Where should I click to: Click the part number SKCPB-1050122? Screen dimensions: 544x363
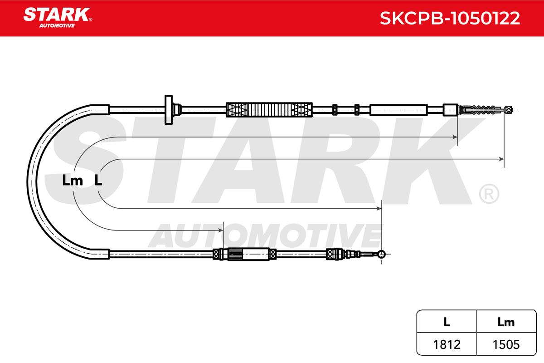(450, 18)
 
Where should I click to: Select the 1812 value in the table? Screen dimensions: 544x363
(447, 344)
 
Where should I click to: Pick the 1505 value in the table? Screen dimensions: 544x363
(506, 344)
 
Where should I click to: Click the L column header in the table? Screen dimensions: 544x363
(447, 322)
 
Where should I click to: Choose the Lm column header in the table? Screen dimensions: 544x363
(506, 322)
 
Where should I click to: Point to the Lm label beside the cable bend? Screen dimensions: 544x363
(73, 181)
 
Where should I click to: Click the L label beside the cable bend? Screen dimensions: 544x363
(98, 181)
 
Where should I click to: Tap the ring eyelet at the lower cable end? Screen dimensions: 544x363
(381, 255)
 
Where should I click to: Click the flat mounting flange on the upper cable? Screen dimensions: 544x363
(169, 110)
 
